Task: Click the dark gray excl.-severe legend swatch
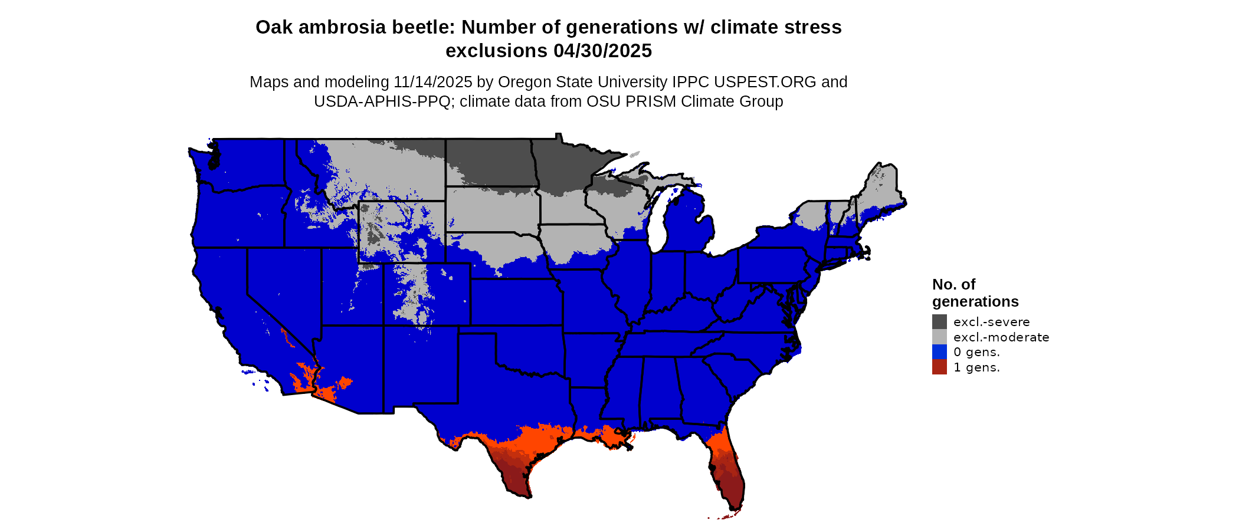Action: [939, 321]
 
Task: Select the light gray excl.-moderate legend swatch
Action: [939, 337]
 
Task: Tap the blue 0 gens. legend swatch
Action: [939, 352]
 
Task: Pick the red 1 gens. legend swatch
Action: [939, 367]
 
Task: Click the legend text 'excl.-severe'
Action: [991, 322]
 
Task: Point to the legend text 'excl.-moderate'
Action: [1001, 337]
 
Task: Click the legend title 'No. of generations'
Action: [975, 293]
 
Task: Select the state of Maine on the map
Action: [882, 189]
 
